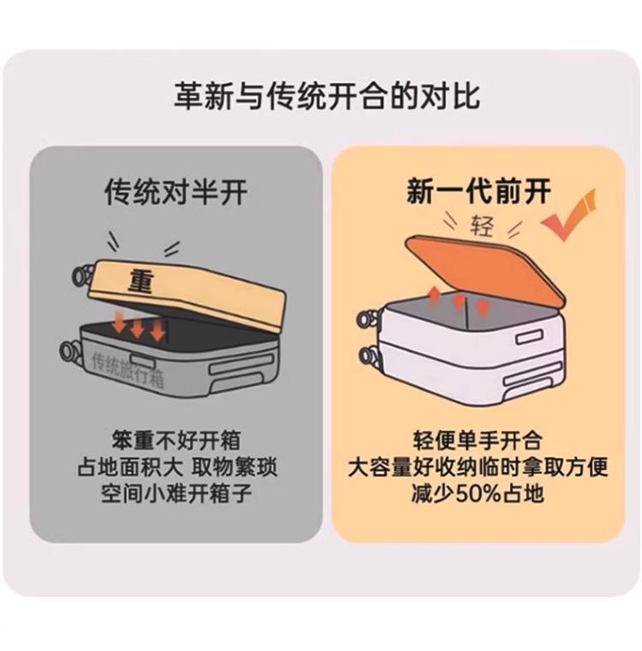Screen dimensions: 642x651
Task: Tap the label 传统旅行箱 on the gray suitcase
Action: click(127, 370)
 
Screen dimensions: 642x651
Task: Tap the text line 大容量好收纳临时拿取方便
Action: click(477, 468)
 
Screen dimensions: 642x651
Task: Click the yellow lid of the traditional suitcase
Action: click(197, 291)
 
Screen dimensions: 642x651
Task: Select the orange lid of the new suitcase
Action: click(488, 266)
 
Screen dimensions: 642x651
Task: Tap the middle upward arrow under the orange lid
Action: click(459, 300)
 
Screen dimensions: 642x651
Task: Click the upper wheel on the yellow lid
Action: click(83, 274)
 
